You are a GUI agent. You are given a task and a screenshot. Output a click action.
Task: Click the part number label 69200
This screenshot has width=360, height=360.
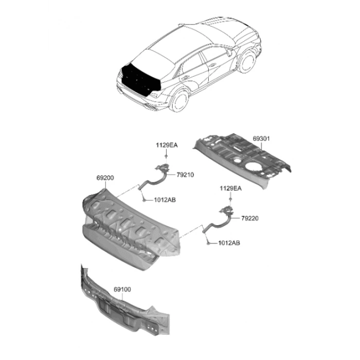[105, 178]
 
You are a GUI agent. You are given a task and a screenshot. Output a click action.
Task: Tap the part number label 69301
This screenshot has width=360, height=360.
[261, 139]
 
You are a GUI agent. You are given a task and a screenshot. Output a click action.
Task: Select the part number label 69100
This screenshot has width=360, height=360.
[122, 290]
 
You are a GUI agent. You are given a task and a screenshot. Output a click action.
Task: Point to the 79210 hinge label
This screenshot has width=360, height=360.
[185, 175]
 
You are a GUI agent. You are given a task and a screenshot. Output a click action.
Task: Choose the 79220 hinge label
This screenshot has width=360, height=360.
[250, 218]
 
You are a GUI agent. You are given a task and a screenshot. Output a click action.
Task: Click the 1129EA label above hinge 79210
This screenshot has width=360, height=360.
[167, 146]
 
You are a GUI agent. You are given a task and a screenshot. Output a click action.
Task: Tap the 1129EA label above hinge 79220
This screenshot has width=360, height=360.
[231, 189]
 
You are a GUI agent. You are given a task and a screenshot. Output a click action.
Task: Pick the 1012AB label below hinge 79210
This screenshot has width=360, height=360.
[165, 200]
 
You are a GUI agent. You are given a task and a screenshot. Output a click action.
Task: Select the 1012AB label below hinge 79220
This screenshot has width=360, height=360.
[229, 243]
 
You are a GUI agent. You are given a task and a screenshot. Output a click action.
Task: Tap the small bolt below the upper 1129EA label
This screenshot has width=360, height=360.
[166, 156]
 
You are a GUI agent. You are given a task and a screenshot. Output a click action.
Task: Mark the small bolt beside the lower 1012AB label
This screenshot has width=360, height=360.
[208, 243]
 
